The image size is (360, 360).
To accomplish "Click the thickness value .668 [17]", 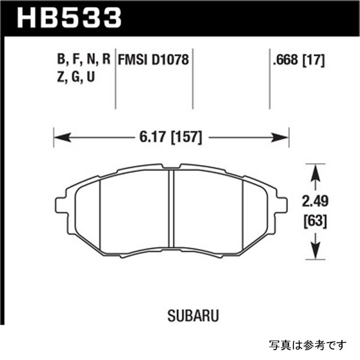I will click(298, 60).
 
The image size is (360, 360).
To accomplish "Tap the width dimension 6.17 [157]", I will click(172, 138).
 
